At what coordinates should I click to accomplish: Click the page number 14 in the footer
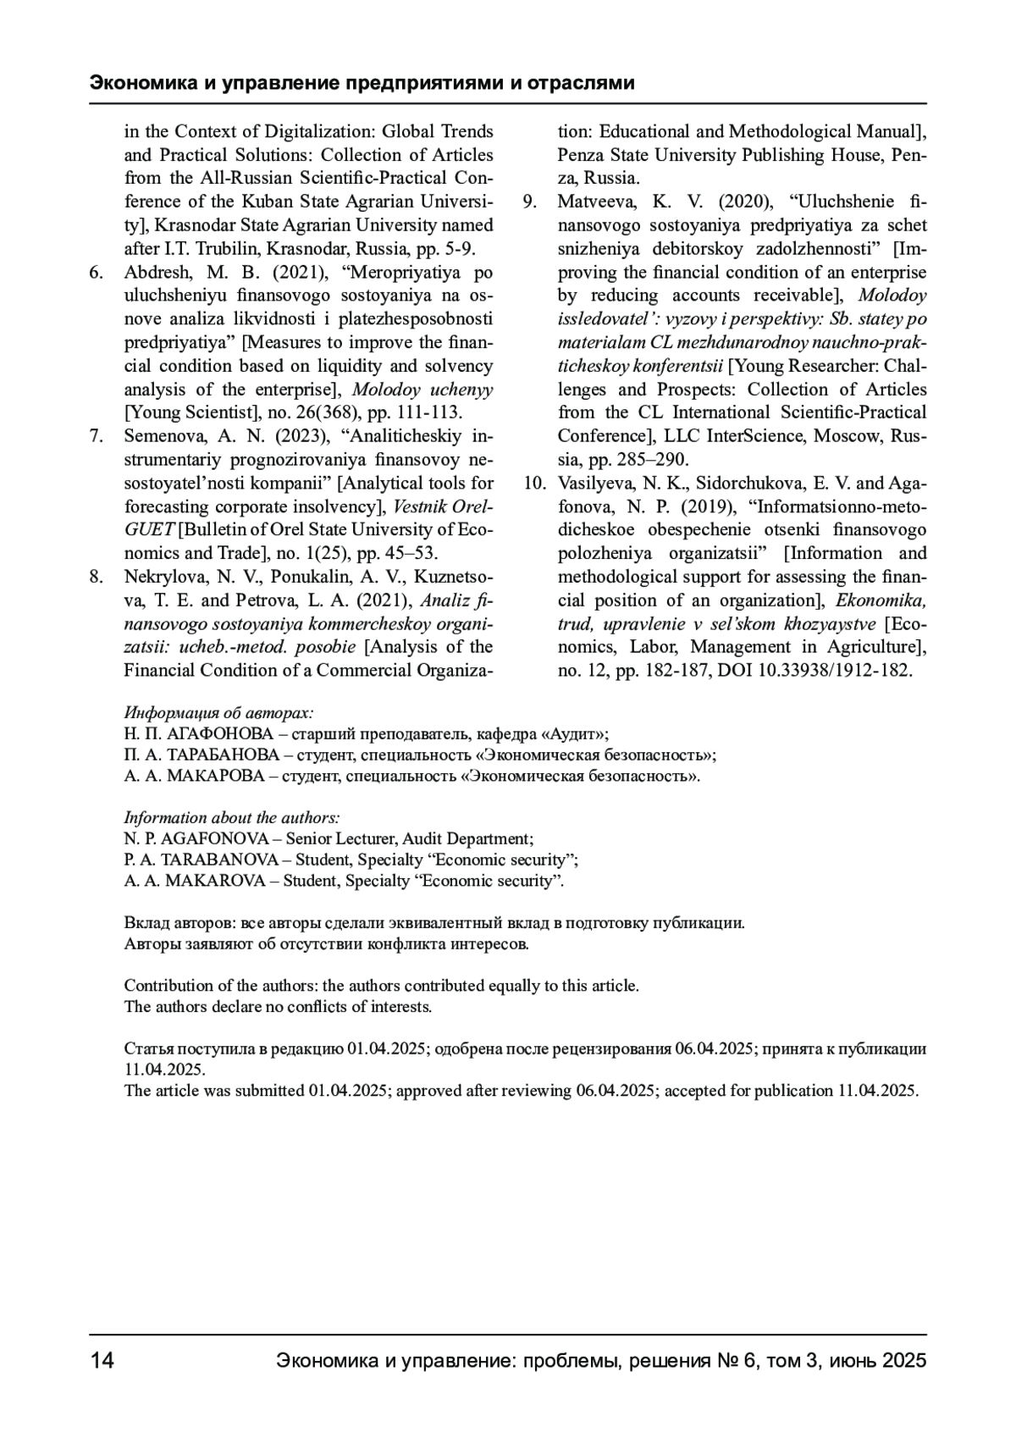point(102,1361)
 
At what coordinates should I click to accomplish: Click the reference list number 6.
point(96,273)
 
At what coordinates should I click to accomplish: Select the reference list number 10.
point(534,484)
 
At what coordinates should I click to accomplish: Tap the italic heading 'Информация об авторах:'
point(218,712)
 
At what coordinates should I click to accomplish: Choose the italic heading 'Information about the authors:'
point(232,817)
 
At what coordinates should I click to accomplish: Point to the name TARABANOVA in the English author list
point(219,860)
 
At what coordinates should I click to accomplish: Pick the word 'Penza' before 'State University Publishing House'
point(579,155)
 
